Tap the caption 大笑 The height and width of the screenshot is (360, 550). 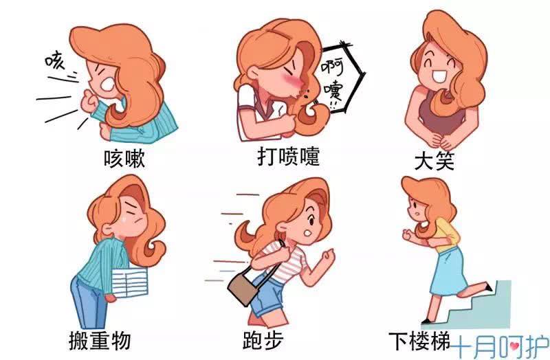[x=434, y=159]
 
